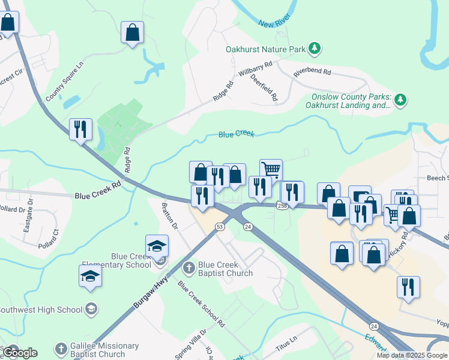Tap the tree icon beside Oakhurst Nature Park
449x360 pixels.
[314, 48]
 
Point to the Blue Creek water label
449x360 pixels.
[236, 134]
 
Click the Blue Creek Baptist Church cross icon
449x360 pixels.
[188, 268]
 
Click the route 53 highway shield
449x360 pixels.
[220, 226]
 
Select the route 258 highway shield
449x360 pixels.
[282, 206]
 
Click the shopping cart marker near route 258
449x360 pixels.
[271, 170]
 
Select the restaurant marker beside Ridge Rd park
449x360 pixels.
[80, 129]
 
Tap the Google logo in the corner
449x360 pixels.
[19, 352]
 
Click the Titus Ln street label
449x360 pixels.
[286, 343]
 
